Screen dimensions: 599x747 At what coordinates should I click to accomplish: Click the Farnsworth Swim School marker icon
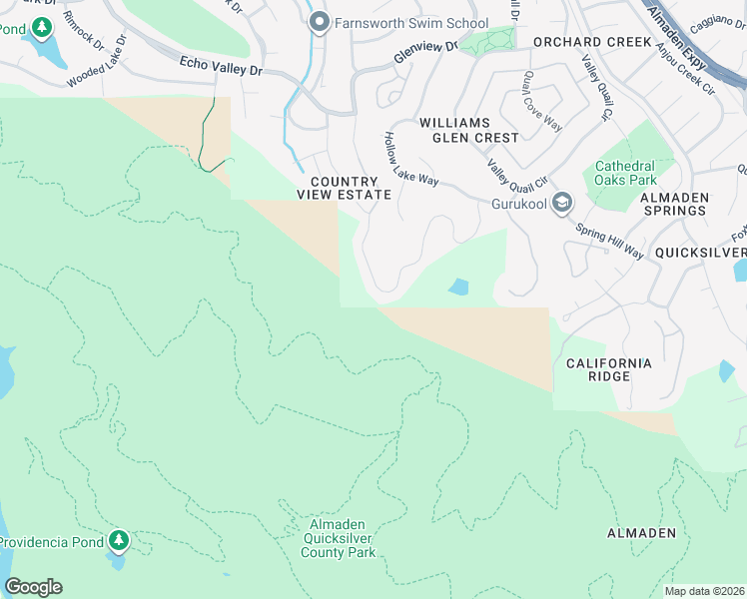320,23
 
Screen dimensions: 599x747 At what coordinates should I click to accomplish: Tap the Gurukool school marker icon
562,204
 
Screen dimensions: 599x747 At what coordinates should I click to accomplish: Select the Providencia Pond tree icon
120,541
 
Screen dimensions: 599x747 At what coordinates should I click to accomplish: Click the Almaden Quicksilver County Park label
337,538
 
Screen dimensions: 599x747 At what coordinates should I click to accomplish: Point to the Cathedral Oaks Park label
626,173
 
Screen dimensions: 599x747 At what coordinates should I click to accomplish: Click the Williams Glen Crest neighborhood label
468,130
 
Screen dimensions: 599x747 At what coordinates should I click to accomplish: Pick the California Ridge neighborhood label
609,369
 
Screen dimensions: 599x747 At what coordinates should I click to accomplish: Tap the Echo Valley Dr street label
220,66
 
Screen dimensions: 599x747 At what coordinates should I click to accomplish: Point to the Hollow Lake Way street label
411,159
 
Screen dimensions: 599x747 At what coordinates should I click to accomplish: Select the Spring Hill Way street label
608,239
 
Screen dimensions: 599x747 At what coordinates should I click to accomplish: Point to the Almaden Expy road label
675,44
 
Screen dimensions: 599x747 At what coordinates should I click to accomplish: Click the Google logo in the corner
33,587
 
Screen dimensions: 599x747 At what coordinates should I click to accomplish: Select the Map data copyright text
704,591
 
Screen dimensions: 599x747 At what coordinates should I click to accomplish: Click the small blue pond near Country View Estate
458,288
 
